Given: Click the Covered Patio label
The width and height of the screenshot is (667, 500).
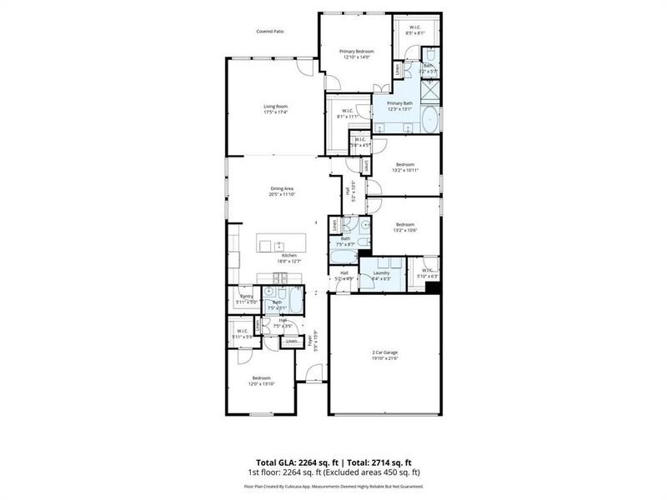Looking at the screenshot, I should [x=271, y=32].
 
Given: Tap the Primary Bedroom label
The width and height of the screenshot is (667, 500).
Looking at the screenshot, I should [x=356, y=52].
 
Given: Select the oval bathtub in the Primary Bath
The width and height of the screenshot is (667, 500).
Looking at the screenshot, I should [x=429, y=122].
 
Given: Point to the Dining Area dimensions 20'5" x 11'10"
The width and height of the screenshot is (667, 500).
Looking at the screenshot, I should [x=282, y=194].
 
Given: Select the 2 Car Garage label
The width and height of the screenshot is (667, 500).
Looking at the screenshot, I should [x=384, y=354].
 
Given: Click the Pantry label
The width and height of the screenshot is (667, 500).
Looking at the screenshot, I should [x=246, y=296].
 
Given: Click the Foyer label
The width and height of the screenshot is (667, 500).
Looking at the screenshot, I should [x=310, y=341].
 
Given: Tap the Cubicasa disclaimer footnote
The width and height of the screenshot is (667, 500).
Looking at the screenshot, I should [x=333, y=486].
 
